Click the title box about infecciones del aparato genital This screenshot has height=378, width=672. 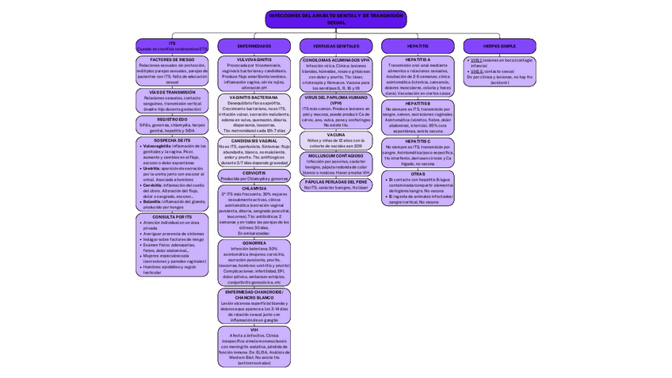coord(336,18)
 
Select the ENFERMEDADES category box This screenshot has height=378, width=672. coord(254,46)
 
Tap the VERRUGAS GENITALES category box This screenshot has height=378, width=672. coord(336,46)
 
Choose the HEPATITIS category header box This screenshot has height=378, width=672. coord(418,46)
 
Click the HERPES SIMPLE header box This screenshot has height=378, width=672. coord(500,46)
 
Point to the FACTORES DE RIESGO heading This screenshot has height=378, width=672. coord(172,59)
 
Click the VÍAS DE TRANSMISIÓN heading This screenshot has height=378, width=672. coord(172,92)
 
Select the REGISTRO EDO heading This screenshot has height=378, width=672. coord(172,119)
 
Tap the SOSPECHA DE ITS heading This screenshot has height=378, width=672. coord(172,140)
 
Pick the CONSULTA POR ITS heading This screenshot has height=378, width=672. coord(172,216)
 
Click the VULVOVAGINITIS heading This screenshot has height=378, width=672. coord(254,59)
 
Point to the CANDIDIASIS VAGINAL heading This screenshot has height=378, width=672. coord(254,140)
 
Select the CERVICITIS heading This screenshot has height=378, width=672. coord(254,172)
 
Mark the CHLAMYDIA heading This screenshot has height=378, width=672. coord(254,188)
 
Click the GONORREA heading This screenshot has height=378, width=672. coord(254,242)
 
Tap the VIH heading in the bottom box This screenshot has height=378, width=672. coord(254,329)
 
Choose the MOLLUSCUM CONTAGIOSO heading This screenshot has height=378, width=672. coord(336,155)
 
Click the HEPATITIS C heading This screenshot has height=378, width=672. coord(418,141)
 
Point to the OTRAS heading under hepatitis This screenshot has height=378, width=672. coord(418,174)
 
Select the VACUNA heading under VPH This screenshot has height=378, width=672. coord(336,135)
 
